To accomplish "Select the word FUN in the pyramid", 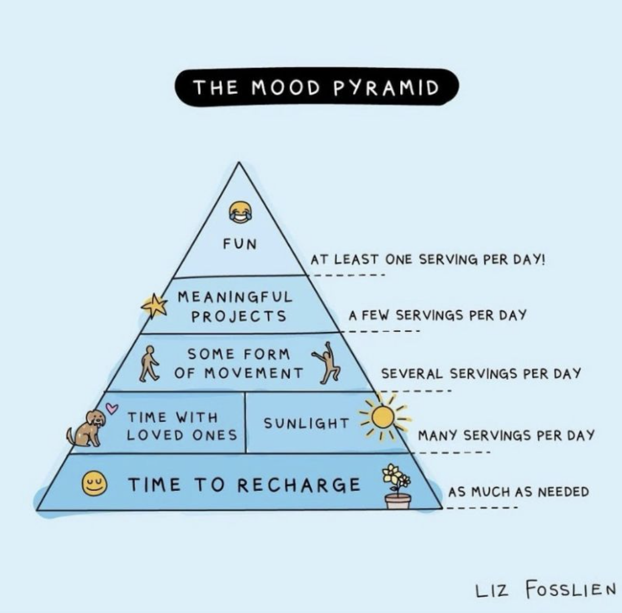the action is tap(239, 244).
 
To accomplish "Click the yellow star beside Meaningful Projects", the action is tap(155, 306).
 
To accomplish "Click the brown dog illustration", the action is tap(87, 428).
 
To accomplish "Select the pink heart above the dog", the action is tap(111, 407).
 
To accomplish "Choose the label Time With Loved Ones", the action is tap(181, 427).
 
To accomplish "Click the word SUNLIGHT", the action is tap(306, 423).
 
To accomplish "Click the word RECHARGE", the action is tap(299, 485).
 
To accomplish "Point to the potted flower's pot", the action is tap(398, 501).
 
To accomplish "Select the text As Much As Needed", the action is tap(518, 492).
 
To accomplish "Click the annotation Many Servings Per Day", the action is tap(506, 435).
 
